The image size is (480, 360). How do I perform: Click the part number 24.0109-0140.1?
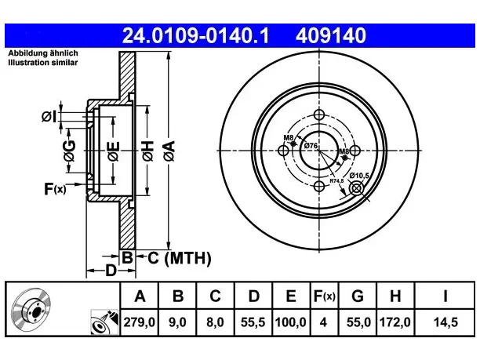(x=195, y=35)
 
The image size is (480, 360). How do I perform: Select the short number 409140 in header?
(x=331, y=35)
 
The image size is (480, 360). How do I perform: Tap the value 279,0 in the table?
(x=140, y=322)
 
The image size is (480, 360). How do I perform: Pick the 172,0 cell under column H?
(x=395, y=322)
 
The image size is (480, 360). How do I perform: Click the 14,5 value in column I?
(x=445, y=322)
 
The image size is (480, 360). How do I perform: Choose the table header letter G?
(x=358, y=296)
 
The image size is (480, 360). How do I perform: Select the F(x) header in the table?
(x=325, y=296)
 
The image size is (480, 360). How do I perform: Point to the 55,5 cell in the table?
(x=253, y=322)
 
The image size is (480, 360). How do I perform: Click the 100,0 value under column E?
(x=291, y=322)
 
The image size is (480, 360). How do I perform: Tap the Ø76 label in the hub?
(x=311, y=146)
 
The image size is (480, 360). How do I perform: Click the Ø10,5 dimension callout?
(x=359, y=176)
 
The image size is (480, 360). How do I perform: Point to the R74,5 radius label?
(x=336, y=181)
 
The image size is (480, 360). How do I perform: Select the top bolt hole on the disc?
(x=319, y=115)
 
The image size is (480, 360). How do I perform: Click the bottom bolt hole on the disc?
(x=319, y=186)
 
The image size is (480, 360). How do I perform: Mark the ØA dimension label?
(x=169, y=151)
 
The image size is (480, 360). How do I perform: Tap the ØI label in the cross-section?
(x=49, y=117)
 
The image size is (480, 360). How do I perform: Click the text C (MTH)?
(x=180, y=258)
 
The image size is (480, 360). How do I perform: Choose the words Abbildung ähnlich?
(x=43, y=53)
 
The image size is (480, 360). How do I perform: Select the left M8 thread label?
(x=289, y=138)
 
